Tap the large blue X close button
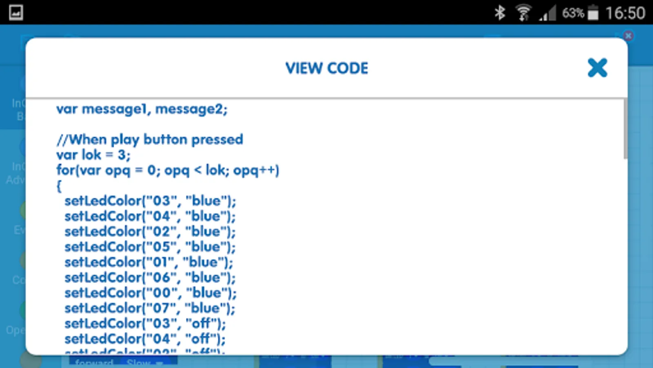(597, 68)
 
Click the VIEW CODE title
(326, 68)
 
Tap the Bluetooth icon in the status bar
(500, 13)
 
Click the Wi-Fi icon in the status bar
(523, 13)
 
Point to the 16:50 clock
(625, 13)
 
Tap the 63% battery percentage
(573, 13)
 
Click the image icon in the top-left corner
(16, 12)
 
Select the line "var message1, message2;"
(142, 109)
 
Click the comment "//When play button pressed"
(150, 139)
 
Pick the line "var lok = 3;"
(93, 155)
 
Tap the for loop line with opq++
(168, 170)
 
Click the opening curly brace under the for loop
(59, 186)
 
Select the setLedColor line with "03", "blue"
(150, 201)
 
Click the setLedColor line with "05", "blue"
(150, 247)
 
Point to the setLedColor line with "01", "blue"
(149, 262)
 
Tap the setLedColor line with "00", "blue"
(150, 293)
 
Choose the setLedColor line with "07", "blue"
(150, 308)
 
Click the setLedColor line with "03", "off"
(145, 323)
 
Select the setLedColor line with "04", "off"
(145, 339)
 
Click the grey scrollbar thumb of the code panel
(625, 129)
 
